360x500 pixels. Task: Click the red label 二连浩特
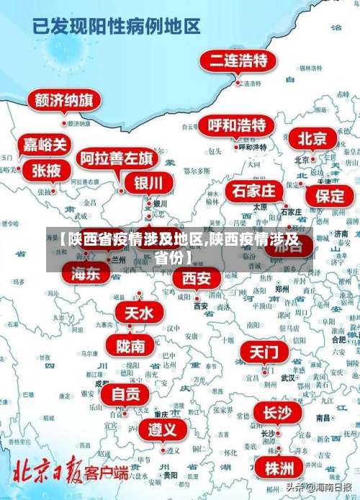(x=238, y=61)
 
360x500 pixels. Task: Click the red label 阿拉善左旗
(x=116, y=159)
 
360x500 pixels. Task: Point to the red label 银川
(x=148, y=182)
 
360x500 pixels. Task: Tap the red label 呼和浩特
(x=236, y=125)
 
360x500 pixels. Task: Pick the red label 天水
(x=139, y=313)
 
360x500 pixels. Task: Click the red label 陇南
(x=130, y=346)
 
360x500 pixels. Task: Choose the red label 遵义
(x=162, y=430)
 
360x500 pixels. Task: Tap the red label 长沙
(x=276, y=413)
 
